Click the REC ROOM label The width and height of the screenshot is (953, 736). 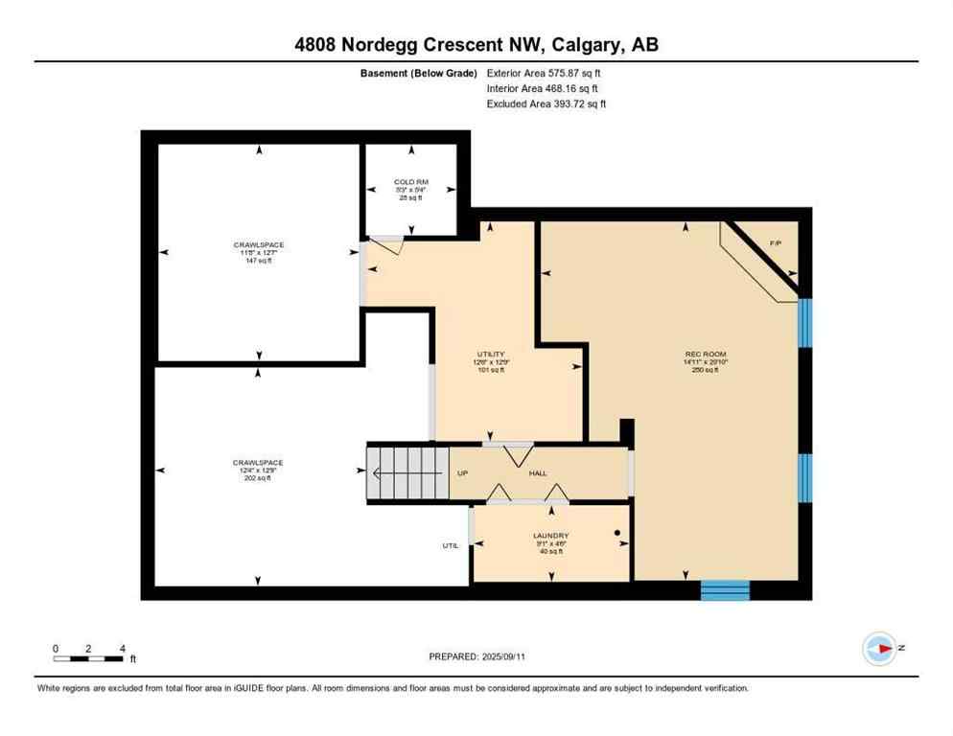coord(700,355)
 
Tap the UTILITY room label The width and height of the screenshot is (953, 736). coord(491,355)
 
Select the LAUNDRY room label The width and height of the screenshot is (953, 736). coord(551,536)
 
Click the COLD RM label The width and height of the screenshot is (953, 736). coord(410,182)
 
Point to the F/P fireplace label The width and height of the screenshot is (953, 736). coord(776,244)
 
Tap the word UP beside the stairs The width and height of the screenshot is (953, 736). coord(462,473)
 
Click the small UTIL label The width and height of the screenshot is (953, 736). coord(451,545)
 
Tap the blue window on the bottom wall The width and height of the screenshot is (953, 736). coord(724,589)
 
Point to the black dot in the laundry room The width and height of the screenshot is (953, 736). coord(617,533)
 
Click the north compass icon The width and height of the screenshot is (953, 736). coord(878,649)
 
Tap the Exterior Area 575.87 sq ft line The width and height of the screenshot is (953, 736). coord(545,73)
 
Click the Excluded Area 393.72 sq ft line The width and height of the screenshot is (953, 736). coord(546,103)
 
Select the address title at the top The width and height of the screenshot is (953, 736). coord(476,45)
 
